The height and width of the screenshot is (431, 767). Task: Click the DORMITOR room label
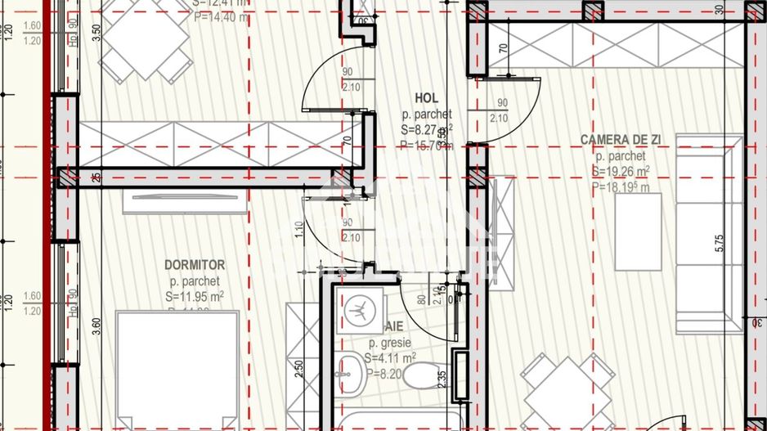click(195, 265)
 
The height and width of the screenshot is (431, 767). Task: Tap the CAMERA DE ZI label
click(620, 140)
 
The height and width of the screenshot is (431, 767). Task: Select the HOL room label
click(426, 99)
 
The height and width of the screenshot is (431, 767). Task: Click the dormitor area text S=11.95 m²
click(195, 296)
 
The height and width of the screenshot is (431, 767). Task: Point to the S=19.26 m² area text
click(621, 171)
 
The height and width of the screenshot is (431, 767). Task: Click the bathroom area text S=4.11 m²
click(392, 357)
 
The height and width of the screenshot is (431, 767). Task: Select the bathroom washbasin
click(352, 372)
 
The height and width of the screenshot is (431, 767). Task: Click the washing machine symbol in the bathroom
click(357, 309)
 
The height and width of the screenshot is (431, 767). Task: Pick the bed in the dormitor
click(178, 368)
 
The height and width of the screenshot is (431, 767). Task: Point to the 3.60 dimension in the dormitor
click(97, 327)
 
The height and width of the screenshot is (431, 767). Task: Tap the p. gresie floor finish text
click(390, 343)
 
